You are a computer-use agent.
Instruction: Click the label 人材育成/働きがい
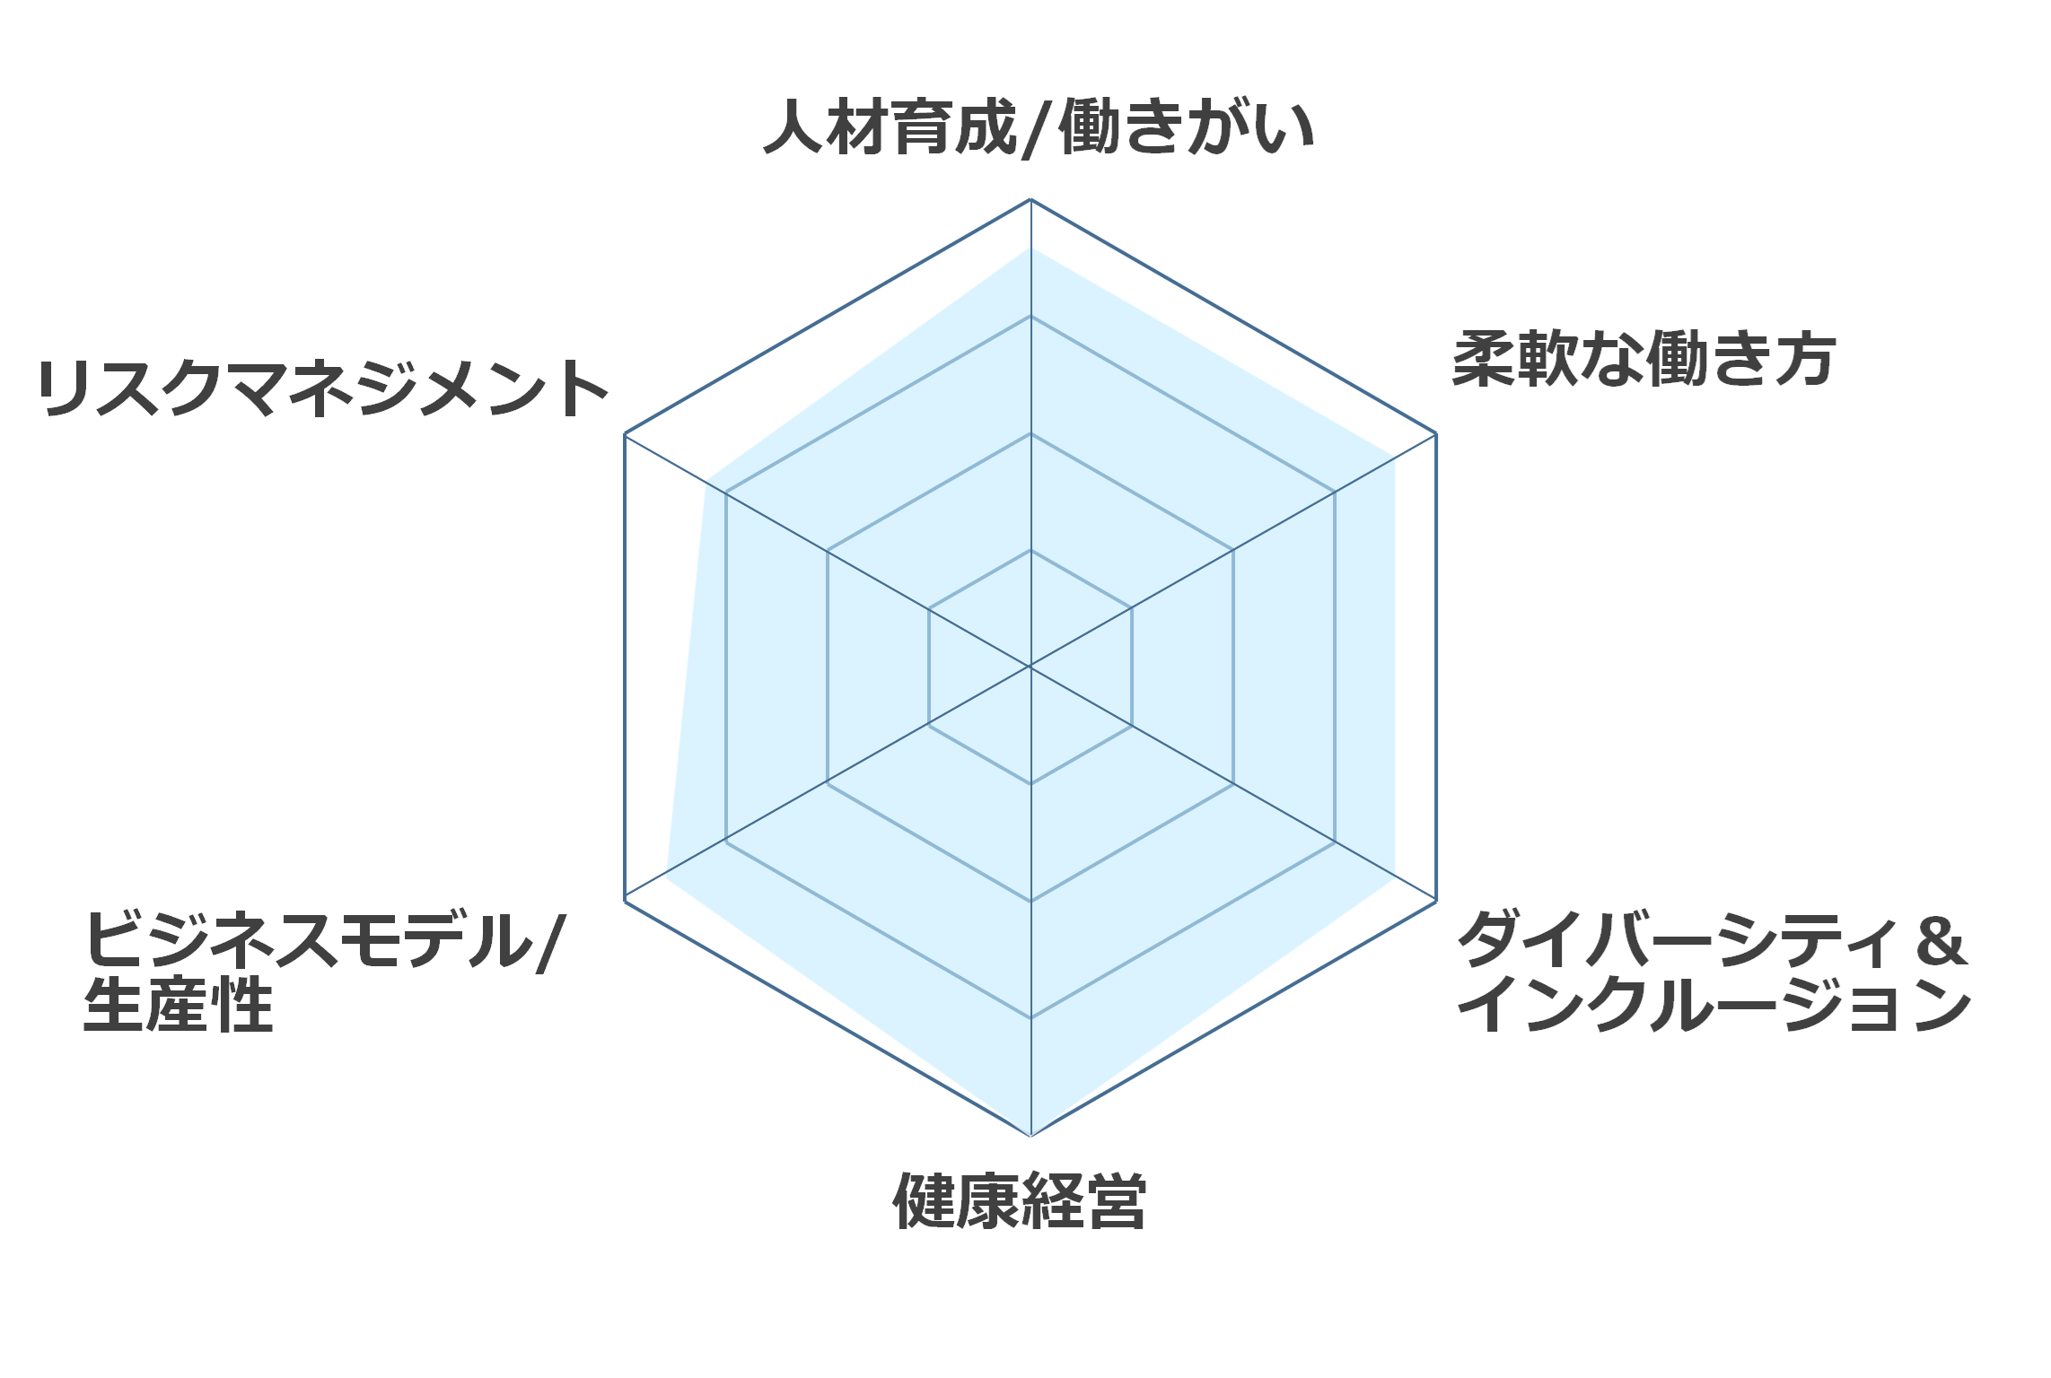pos(1039,128)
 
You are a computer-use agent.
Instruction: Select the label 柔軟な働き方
pos(1643,359)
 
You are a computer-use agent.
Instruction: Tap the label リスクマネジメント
pos(323,388)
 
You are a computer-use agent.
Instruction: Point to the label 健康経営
pos(1020,1200)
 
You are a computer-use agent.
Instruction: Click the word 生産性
pos(178,1005)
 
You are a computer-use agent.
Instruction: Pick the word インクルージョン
pos(1714,1005)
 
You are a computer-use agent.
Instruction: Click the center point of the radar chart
pos(1030,667)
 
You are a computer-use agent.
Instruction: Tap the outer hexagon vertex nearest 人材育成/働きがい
pos(1030,199)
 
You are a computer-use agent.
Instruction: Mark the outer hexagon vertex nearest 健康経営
pos(1030,1136)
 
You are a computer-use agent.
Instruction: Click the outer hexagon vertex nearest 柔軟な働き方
pos(1436,434)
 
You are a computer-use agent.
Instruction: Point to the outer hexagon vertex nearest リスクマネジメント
pos(625,434)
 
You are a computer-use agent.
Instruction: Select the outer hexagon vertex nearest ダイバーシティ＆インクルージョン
pos(1436,901)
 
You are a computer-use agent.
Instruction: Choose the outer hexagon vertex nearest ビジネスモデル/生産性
pos(625,901)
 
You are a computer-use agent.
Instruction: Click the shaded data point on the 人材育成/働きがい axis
pos(1030,249)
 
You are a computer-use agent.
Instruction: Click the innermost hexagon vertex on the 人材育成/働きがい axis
pos(1030,550)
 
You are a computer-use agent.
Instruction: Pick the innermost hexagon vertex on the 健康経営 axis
pos(1030,784)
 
